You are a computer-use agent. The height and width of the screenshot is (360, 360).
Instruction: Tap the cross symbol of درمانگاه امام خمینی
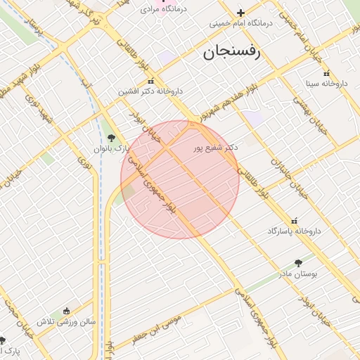click(240, 13)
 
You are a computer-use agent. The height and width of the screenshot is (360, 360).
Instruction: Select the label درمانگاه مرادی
click(163, 10)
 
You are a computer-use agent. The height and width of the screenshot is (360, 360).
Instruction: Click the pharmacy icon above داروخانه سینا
click(326, 73)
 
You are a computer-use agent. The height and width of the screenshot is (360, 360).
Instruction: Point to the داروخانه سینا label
click(326, 84)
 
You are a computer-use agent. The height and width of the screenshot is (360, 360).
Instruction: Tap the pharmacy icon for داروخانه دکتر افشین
click(150, 82)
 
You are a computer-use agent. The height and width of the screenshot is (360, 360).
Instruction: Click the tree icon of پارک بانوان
click(111, 138)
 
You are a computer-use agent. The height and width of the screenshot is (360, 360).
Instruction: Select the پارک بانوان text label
click(112, 148)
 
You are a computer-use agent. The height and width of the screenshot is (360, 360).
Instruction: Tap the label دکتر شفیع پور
click(217, 148)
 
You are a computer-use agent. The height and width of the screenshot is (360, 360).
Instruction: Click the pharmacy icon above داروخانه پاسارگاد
click(294, 220)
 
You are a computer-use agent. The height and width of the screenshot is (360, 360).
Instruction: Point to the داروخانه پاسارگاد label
click(294, 231)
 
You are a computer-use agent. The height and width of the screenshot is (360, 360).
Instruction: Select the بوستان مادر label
click(304, 273)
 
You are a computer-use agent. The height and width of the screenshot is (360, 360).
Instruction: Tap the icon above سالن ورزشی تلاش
click(66, 311)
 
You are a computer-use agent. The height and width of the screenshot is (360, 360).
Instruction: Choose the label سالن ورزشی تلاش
click(66, 321)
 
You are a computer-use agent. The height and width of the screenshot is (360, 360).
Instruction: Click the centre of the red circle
click(180, 180)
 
